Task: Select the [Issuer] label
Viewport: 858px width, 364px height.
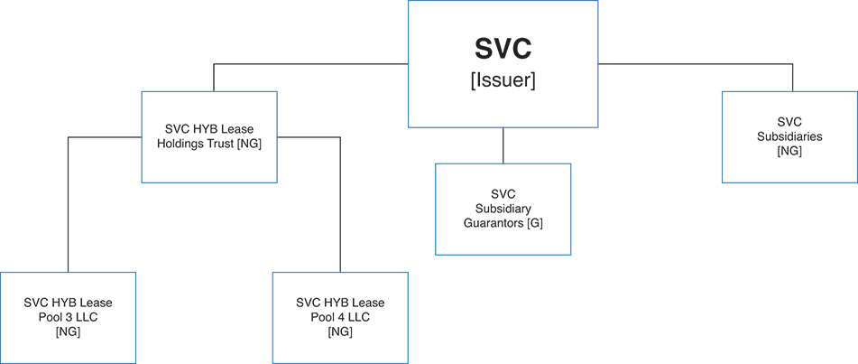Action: (503, 80)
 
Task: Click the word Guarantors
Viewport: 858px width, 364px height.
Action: (492, 223)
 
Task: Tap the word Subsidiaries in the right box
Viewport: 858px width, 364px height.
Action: (789, 136)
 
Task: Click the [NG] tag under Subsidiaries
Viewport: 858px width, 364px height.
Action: (789, 151)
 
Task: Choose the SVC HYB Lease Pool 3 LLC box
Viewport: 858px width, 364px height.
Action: (68, 316)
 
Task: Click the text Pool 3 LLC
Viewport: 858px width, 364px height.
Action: (68, 317)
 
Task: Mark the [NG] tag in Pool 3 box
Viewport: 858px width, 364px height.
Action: (68, 331)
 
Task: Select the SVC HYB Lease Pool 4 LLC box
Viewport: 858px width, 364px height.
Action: (340, 316)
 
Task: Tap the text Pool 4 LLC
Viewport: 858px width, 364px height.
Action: (340, 317)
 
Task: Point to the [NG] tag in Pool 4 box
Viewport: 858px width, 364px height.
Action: (340, 331)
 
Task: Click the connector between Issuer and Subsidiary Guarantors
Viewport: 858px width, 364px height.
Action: (503, 145)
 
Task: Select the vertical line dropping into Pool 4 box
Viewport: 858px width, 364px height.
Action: (340, 217)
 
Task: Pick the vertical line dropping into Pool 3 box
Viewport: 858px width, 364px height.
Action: (68, 217)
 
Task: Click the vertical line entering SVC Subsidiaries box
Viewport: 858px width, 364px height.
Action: (793, 78)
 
